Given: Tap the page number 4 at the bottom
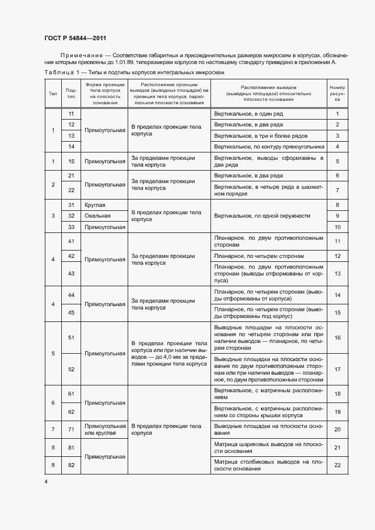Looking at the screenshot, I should [46, 481].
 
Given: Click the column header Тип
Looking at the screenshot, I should [53, 94].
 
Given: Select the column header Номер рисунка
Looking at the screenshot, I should [337, 94].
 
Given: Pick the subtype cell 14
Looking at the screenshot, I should [71, 147].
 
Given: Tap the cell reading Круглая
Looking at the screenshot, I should [95, 205].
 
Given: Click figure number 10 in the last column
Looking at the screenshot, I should [337, 227].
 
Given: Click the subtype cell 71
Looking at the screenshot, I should [71, 429].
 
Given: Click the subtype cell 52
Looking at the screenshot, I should [71, 369].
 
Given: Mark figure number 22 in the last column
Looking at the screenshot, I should [337, 465].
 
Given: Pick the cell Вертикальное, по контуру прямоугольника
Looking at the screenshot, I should [269, 147].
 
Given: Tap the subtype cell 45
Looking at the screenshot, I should [71, 312].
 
